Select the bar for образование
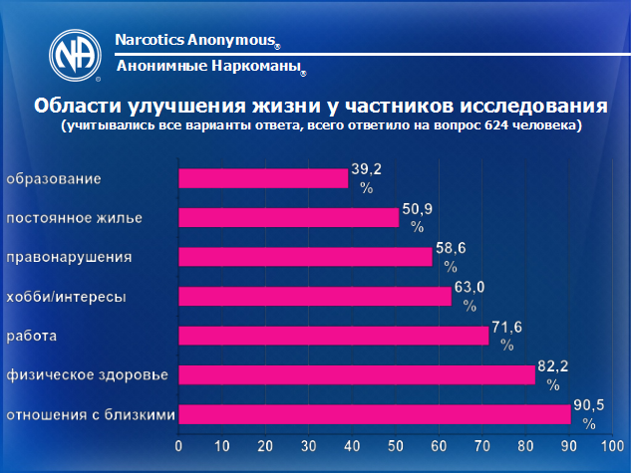click(263, 178)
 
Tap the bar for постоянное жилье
click(288, 217)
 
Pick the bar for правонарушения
click(305, 257)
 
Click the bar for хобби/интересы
click(315, 296)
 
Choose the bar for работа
click(334, 336)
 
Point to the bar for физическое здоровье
click(357, 374)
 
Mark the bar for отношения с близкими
click(375, 413)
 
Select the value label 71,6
click(506, 328)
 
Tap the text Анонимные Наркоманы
click(207, 66)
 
